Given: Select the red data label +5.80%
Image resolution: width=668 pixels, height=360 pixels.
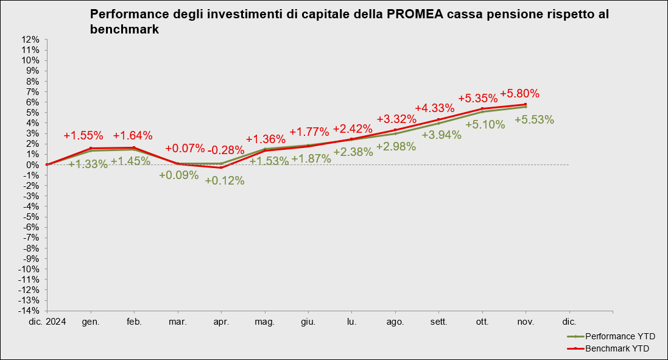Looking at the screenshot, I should click(519, 94).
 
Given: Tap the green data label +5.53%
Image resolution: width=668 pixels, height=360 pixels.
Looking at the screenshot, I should click(534, 120).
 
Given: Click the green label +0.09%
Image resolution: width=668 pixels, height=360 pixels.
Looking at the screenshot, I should click(178, 175).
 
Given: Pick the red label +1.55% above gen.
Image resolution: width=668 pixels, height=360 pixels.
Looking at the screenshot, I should click(83, 135).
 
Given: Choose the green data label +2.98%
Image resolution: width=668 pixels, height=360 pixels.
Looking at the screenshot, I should click(396, 146).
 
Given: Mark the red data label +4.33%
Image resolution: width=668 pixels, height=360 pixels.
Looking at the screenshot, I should click(435, 108).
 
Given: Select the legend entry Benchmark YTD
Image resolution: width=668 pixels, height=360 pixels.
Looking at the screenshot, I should click(617, 348).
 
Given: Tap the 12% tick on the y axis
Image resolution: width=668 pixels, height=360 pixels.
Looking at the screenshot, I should click(30, 40).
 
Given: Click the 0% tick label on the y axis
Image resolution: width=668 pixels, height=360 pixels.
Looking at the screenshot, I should click(33, 164).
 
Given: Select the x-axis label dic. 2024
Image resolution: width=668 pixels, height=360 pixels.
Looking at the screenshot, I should click(47, 321).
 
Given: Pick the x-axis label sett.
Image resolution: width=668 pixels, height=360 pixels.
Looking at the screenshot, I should click(438, 321).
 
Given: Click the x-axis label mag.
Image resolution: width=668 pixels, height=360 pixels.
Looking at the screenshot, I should click(264, 321).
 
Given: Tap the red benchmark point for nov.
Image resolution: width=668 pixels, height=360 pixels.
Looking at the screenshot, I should click(526, 104).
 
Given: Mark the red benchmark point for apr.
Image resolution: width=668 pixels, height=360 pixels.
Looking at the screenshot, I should click(221, 168).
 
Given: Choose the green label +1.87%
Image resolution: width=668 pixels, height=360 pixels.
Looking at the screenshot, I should click(311, 158).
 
